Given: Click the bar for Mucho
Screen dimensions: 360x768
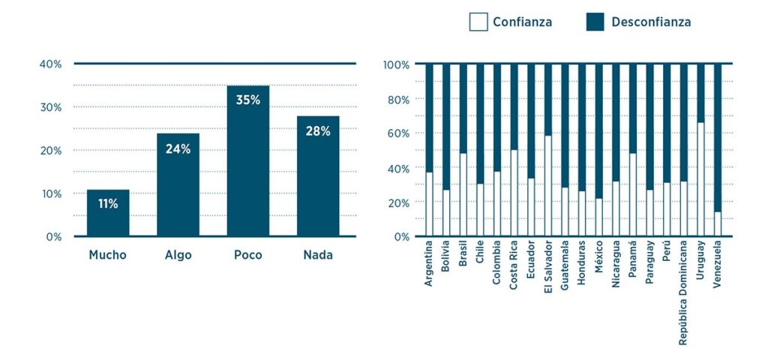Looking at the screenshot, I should [x=108, y=213].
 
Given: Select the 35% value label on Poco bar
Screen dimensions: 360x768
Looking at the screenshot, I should [x=247, y=100].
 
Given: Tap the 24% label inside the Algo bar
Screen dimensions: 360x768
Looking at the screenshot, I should [x=178, y=149].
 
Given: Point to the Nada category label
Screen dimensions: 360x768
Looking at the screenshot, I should [x=318, y=255].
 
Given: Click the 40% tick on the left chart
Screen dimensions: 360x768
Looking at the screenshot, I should [x=50, y=64].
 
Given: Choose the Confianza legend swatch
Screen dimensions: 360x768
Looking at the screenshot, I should [x=478, y=22].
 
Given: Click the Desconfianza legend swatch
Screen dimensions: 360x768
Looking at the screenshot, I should [x=595, y=22].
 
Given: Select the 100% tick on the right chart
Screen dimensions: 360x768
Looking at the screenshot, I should [x=395, y=64].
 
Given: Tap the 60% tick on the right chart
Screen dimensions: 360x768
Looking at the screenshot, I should [x=397, y=133].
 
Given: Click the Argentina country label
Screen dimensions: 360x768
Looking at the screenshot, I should [x=429, y=264].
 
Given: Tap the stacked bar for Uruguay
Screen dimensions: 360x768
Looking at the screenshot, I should [x=700, y=150].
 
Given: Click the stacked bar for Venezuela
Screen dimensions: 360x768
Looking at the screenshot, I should [x=718, y=150].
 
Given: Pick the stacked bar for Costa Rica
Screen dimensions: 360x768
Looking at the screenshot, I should [x=514, y=150].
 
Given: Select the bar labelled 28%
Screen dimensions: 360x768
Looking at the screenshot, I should [x=318, y=176].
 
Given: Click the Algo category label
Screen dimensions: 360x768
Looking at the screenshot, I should [x=178, y=255].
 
